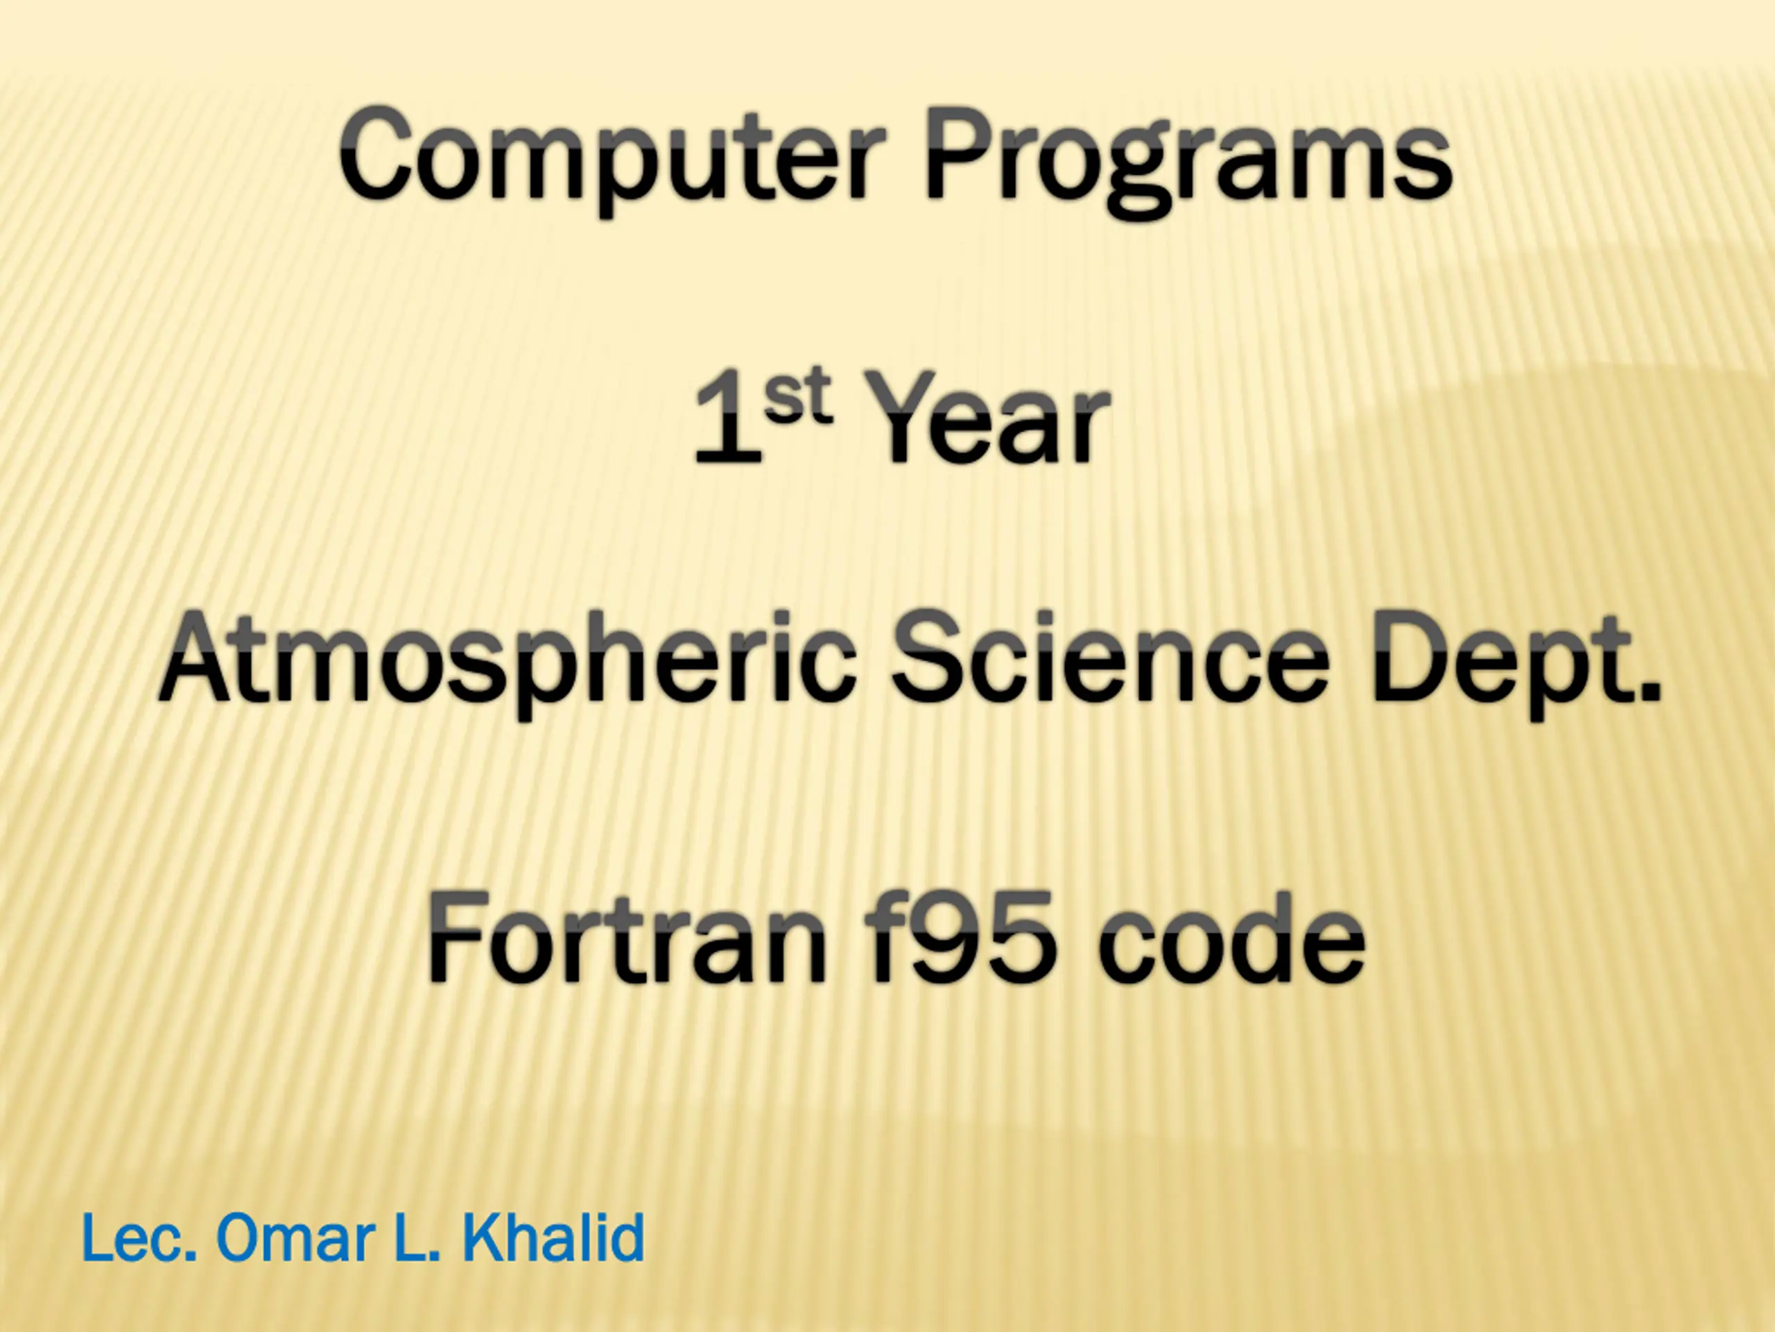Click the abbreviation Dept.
[1514, 665]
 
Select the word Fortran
[627, 939]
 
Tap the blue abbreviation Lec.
[139, 1238]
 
